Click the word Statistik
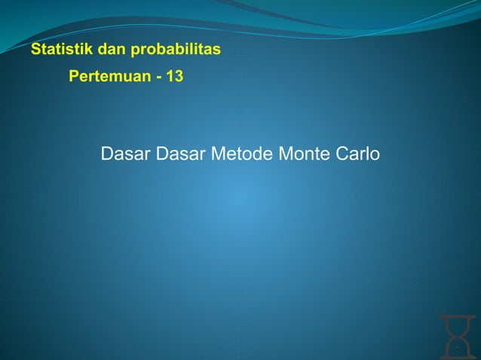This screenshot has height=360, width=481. tap(57, 51)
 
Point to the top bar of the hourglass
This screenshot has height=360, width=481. tap(456, 317)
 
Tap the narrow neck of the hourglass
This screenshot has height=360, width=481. tap(456, 335)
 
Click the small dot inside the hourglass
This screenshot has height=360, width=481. tap(456, 348)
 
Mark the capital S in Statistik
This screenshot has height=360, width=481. tap(35, 51)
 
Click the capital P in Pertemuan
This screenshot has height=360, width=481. tap(73, 77)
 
